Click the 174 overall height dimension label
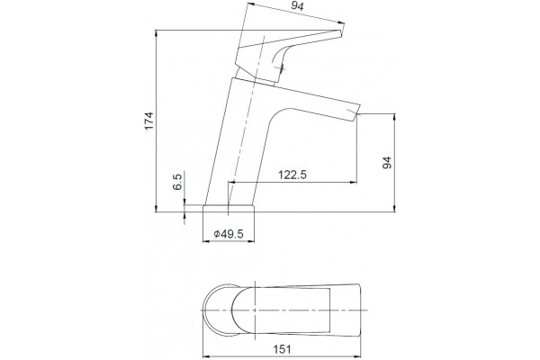(148, 121)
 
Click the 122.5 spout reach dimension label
(292, 175)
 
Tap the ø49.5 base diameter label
(229, 234)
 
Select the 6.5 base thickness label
(176, 182)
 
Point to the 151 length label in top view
(282, 349)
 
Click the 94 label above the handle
(298, 6)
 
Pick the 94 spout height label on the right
(387, 163)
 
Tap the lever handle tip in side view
(340, 32)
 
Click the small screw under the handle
(282, 68)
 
